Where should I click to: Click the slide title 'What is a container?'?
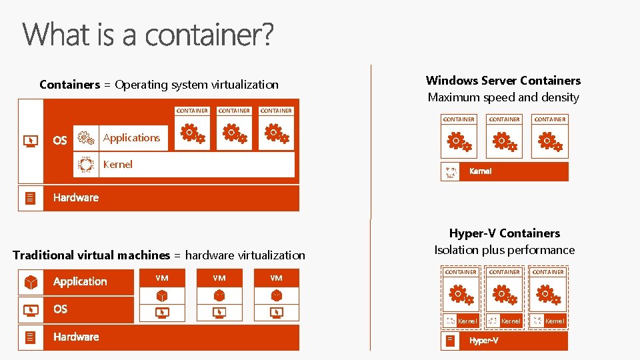click(148, 35)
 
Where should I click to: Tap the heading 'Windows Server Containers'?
click(503, 81)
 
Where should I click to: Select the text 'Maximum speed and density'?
click(503, 97)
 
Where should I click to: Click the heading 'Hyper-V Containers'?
click(504, 233)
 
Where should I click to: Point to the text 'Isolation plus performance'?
click(504, 250)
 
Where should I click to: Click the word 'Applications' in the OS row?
click(131, 138)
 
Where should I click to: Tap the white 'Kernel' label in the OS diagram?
click(118, 165)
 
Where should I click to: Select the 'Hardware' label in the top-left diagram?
click(76, 197)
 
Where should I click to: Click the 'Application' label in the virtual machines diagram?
click(80, 282)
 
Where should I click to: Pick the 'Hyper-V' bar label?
click(484, 341)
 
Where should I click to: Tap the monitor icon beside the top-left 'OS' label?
click(31, 141)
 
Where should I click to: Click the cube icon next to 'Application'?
click(31, 282)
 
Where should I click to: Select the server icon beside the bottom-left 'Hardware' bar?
click(30, 337)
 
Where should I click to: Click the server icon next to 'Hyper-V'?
click(451, 341)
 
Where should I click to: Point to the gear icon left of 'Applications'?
click(86, 138)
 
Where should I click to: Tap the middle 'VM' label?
click(219, 278)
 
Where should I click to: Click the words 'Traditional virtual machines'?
click(91, 255)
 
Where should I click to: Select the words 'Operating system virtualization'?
click(197, 85)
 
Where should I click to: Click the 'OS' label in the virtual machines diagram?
click(61, 309)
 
